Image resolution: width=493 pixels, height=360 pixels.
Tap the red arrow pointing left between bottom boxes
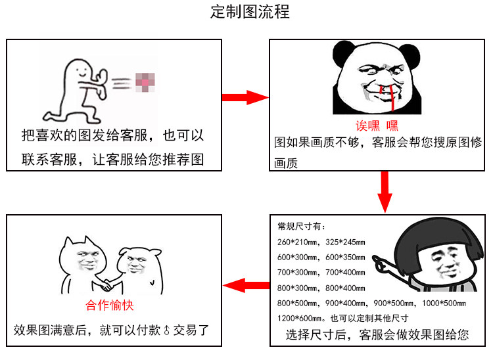click(x=246, y=285)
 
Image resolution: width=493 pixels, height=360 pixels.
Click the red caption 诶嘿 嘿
click(x=377, y=125)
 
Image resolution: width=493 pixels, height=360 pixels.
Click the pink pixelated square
click(x=144, y=81)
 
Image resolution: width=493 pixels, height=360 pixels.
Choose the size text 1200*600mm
click(x=296, y=318)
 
